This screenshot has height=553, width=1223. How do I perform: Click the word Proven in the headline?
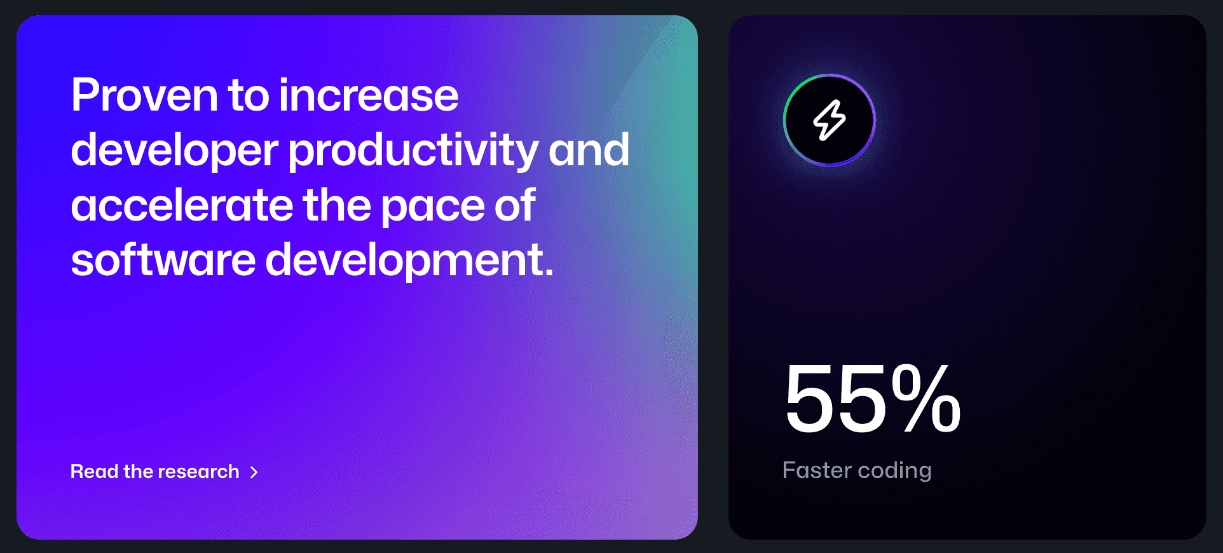[144, 95]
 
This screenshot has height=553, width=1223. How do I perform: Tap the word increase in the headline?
[368, 95]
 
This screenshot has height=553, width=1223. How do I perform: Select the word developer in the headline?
[174, 151]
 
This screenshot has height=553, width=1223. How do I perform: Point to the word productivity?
[413, 151]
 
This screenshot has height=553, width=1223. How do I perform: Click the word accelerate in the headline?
[182, 205]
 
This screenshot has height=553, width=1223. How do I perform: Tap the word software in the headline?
[163, 260]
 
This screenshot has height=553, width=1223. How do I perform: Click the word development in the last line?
[409, 261]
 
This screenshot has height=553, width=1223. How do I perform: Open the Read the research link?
[164, 472]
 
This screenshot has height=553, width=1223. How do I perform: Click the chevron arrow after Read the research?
[254, 472]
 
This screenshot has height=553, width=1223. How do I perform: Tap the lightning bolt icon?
[830, 120]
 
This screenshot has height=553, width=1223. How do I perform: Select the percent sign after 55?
[926, 398]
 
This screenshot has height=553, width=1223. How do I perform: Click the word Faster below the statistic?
[817, 470]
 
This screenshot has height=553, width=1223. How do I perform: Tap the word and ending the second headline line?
[589, 150]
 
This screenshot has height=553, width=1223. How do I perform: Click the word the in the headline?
[337, 205]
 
